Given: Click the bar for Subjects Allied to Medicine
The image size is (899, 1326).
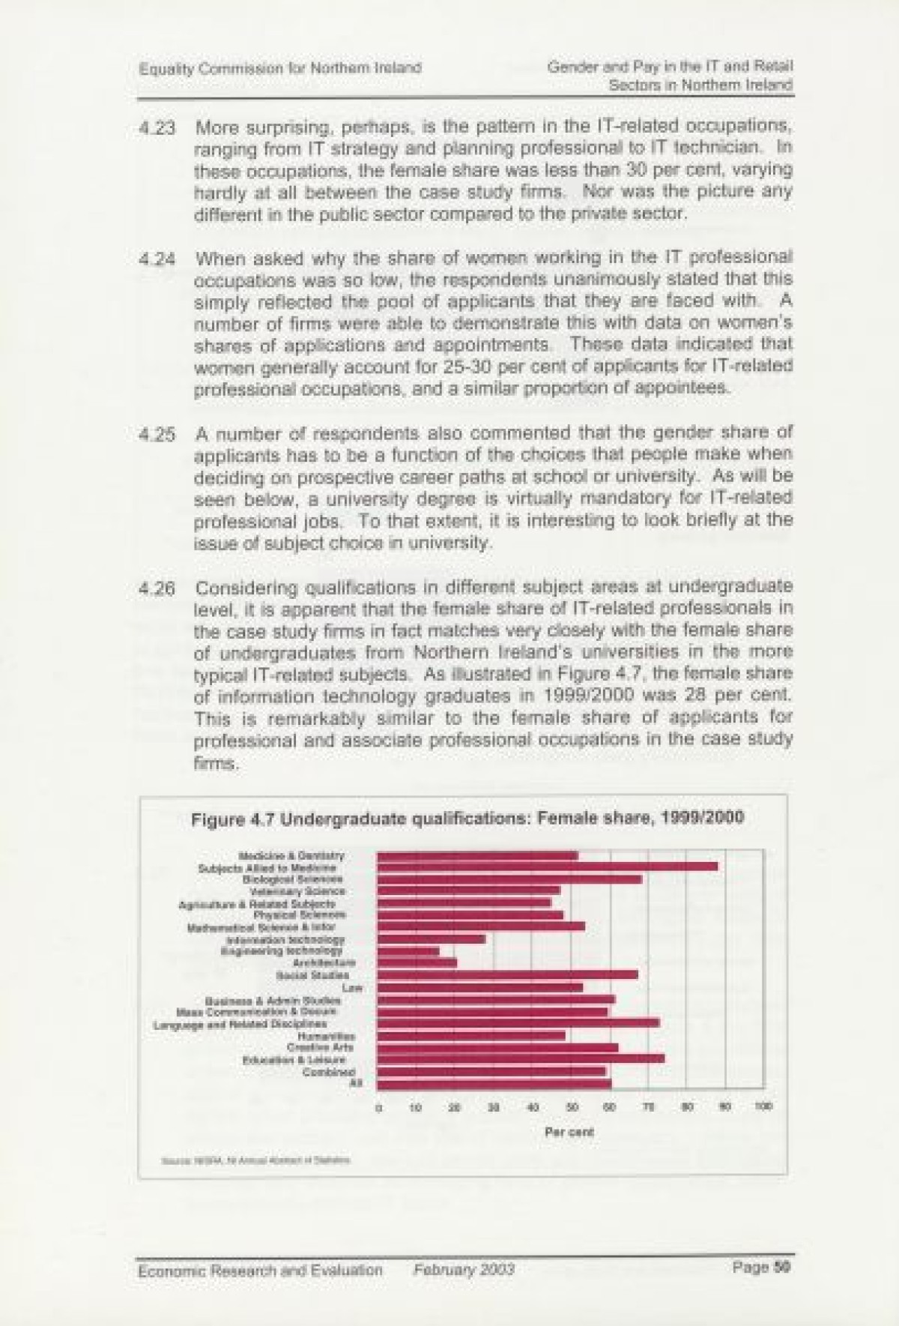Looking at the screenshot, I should (547, 867).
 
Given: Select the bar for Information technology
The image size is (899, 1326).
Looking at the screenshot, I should (432, 938).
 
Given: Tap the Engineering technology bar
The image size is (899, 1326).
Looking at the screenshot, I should (408, 950).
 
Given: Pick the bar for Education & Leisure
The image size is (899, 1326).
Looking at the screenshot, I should (521, 1058).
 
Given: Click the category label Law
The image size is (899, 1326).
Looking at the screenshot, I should (352, 987).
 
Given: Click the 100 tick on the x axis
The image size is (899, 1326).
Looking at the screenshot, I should (763, 1106).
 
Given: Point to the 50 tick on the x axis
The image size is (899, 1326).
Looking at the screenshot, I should (572, 1106).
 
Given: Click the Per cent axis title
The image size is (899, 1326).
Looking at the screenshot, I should (570, 1132).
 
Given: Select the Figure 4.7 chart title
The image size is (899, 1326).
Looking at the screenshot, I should (467, 817).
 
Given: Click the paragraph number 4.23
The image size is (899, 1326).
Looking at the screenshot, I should (157, 128).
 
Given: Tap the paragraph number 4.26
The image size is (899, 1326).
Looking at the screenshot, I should (157, 588).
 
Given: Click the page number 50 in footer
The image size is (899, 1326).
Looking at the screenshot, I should (782, 1268).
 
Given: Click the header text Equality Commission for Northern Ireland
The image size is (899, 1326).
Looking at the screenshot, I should (280, 68).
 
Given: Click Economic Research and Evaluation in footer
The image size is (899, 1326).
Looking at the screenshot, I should (261, 1269).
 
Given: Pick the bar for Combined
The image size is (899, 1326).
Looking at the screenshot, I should (491, 1071).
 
